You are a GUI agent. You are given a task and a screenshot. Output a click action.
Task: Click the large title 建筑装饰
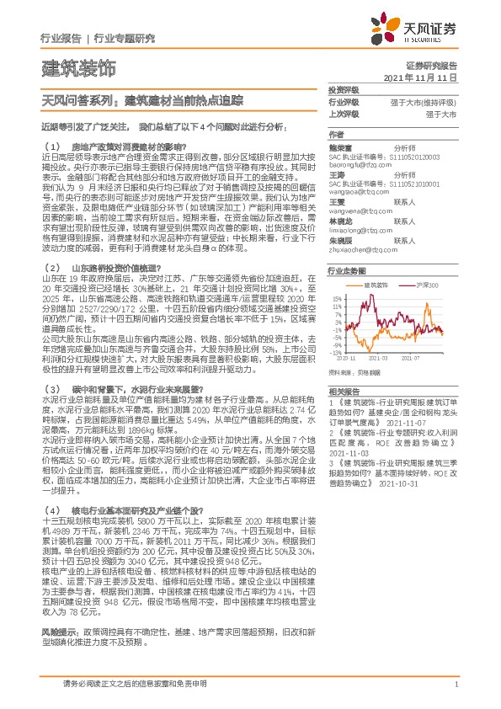[78, 67]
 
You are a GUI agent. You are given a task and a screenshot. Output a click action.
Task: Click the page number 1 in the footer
[456, 684]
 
